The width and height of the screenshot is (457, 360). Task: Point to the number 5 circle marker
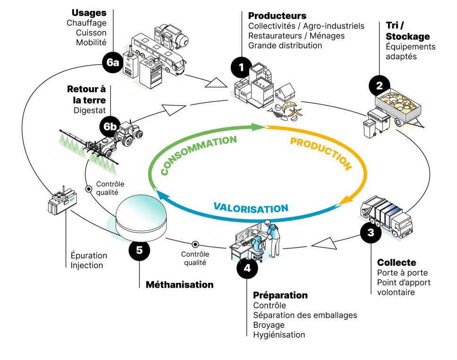[140, 250]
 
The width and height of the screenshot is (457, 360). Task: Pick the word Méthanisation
[179, 285]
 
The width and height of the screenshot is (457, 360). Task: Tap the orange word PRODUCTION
[321, 153]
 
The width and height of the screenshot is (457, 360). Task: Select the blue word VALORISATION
[251, 207]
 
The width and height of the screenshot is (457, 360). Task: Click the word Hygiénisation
[279, 335]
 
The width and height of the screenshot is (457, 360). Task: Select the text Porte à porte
[402, 273]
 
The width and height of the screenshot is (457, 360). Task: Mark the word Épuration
[89, 256]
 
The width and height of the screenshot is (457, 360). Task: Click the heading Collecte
[397, 262]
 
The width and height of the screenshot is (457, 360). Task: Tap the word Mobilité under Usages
[91, 43]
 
